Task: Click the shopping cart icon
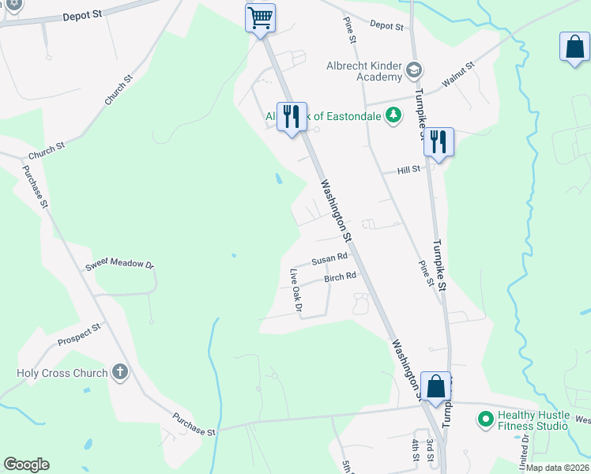tap(260, 17)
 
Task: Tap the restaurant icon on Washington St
tap(292, 116)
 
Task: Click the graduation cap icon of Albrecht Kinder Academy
tap(413, 72)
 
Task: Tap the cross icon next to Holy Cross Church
tap(119, 372)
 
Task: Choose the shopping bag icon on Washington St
tap(435, 386)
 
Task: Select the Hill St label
tap(408, 170)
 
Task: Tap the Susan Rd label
tap(329, 258)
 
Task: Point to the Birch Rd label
tap(341, 277)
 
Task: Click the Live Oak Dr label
tap(295, 291)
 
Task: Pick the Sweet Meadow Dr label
tap(119, 264)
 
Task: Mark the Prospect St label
tap(79, 334)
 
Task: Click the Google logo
tap(26, 465)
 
